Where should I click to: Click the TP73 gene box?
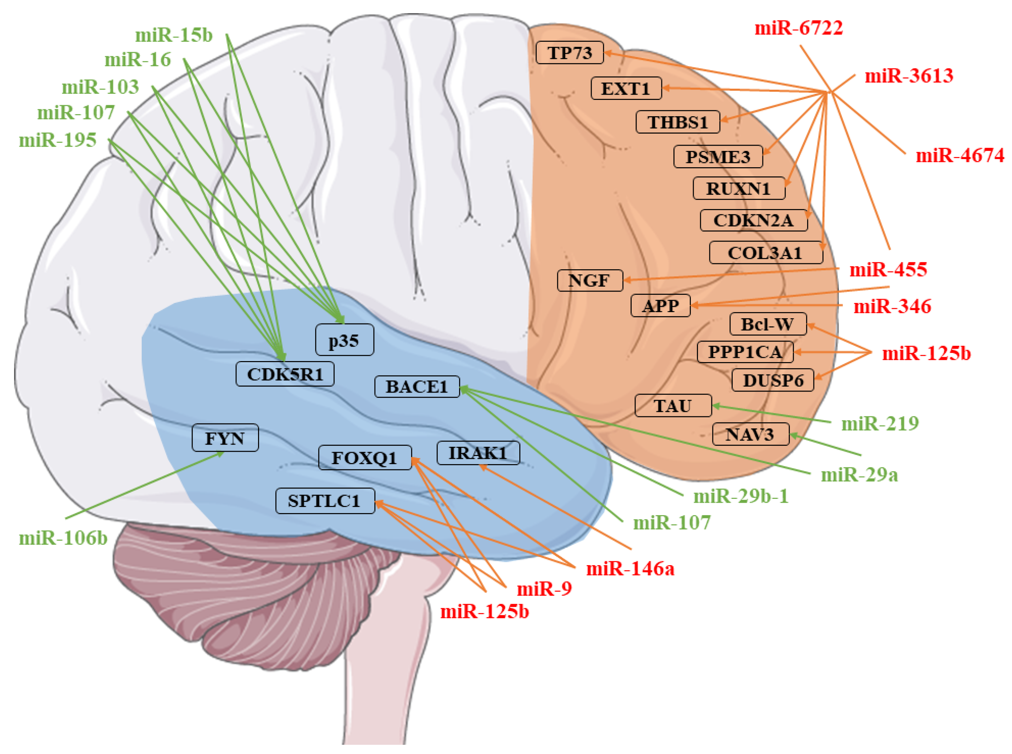569,52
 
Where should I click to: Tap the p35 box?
344,339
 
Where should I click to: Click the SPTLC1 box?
325,501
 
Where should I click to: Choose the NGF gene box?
589,280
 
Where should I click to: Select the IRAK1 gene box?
477,453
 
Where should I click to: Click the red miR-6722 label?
798,28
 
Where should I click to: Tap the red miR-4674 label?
960,156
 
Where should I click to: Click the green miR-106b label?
63,538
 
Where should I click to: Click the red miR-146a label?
630,569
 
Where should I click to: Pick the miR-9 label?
544,589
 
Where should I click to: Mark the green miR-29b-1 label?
740,496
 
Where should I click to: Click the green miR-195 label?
57,140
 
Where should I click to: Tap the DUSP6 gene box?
772,380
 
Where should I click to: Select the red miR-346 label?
891,306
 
